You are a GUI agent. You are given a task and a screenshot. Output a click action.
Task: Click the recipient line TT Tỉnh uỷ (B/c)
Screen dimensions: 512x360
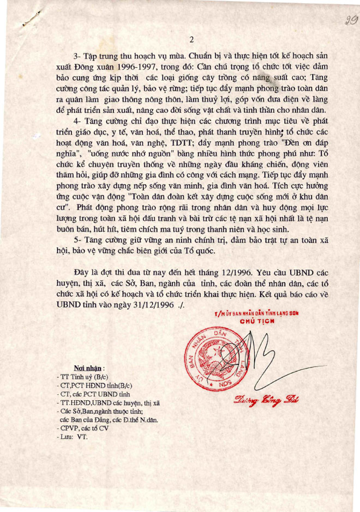click(x=85, y=377)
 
